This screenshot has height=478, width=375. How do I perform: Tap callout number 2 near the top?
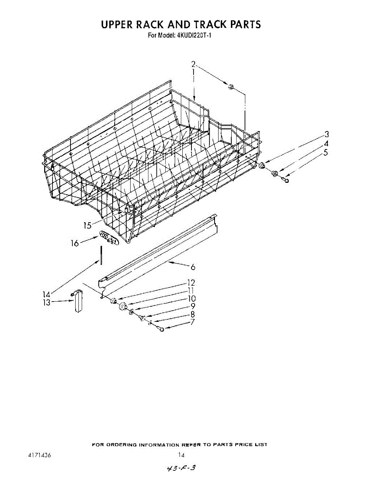point(193,64)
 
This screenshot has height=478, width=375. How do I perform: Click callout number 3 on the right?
point(326,134)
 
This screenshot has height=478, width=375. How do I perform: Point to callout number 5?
point(326,152)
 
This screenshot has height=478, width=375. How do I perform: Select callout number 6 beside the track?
point(193,268)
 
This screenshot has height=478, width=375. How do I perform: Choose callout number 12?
point(191,283)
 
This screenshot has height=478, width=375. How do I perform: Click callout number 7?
point(192,322)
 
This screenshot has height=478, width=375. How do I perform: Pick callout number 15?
point(88,225)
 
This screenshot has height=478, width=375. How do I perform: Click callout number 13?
point(47,303)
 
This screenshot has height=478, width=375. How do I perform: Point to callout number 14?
point(47,295)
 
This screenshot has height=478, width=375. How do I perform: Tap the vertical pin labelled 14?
point(102,255)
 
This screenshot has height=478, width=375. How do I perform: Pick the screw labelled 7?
point(161,329)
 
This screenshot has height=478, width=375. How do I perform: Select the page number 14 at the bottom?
point(181,455)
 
